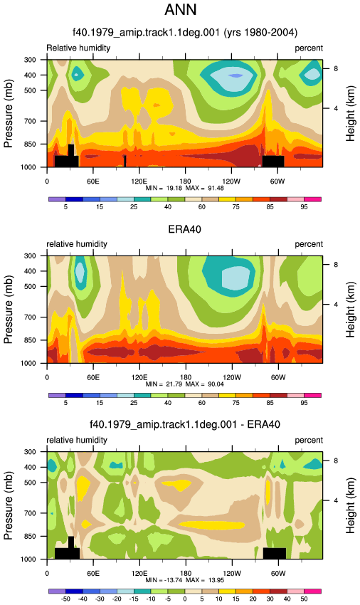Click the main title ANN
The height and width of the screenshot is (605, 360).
(181, 10)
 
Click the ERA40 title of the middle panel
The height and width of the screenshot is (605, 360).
(184, 229)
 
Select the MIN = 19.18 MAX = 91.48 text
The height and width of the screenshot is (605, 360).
(185, 189)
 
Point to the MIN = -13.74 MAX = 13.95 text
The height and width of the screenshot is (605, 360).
(185, 580)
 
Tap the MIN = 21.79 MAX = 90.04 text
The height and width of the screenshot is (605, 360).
(185, 384)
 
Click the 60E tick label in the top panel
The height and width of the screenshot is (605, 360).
(93, 181)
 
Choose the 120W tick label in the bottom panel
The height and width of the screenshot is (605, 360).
(231, 574)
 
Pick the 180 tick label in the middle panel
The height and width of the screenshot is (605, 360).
(185, 377)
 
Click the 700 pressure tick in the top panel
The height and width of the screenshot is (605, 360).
(31, 121)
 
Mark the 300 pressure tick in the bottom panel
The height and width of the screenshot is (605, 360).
(31, 451)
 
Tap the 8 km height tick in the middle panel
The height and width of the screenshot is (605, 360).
(336, 265)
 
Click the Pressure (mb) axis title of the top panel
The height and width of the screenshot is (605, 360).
(8, 113)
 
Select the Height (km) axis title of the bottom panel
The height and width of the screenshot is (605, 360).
(350, 505)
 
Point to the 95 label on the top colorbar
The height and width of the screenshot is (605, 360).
(304, 207)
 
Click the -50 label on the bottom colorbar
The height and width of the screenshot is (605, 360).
(65, 599)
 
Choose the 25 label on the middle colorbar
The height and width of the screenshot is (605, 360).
(134, 403)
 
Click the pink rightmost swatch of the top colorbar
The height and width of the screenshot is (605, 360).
(312, 199)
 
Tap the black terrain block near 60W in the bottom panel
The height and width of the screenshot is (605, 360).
(275, 553)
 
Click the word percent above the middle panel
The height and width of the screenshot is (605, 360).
(309, 244)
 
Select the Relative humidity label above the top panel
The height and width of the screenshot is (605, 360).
(78, 48)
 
